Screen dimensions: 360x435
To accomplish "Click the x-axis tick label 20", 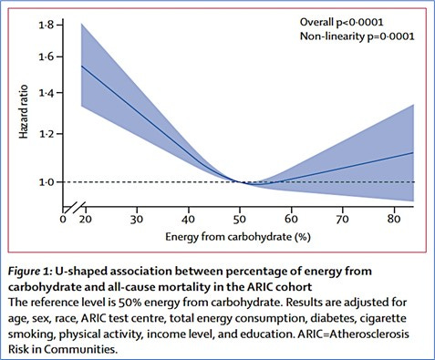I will pyautogui.click(x=85, y=220).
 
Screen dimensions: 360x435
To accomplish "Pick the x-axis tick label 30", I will pyautogui.click(x=136, y=220).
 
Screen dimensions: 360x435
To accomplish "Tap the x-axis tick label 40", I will pyautogui.click(x=189, y=220).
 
